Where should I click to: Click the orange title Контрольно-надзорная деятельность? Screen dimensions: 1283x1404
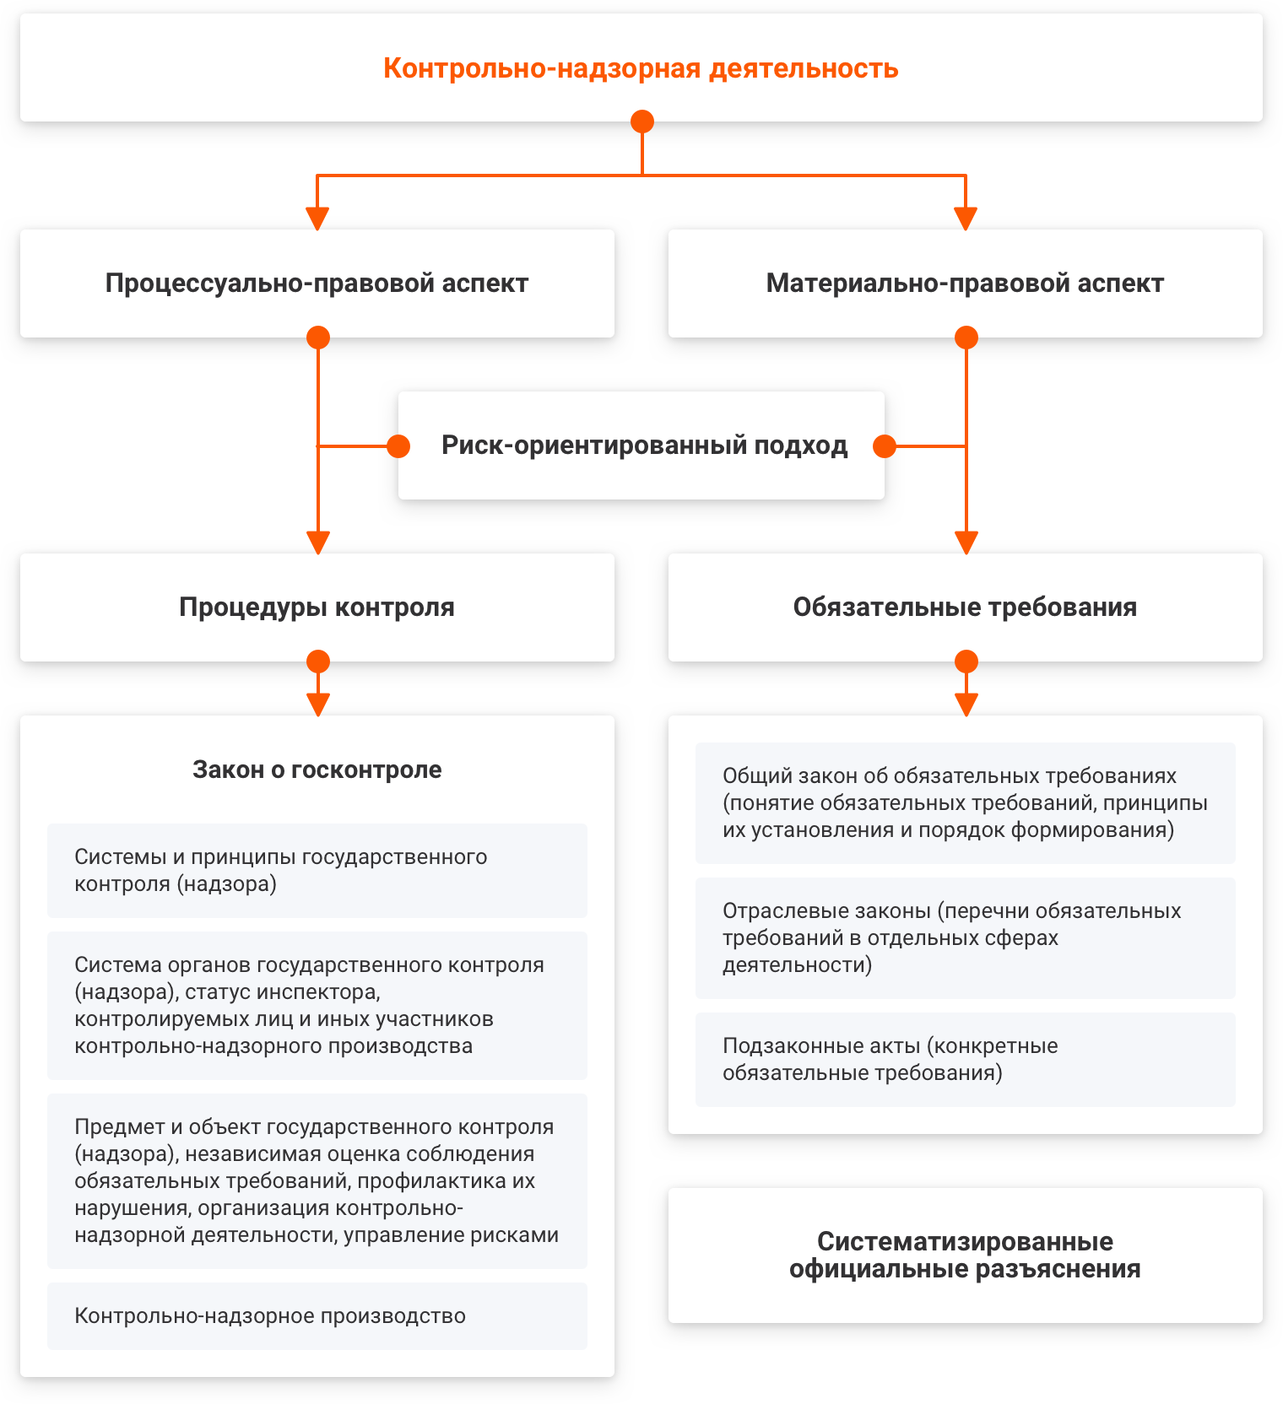(x=641, y=68)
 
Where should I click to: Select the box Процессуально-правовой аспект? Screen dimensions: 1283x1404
(x=317, y=283)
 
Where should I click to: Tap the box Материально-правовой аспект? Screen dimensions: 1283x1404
(x=966, y=283)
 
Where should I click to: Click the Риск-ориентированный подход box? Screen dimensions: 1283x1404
(x=641, y=445)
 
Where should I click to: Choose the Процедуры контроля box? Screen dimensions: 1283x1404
(x=317, y=607)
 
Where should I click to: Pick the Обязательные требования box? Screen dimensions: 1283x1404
(x=966, y=607)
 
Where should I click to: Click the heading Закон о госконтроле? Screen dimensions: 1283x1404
(x=317, y=769)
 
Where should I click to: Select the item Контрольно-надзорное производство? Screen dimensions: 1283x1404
(x=317, y=1316)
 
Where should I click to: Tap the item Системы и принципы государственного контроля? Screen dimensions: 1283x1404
(x=317, y=871)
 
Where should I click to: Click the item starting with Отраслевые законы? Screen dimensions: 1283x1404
(x=966, y=938)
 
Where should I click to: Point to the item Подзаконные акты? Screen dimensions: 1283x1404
(x=966, y=1060)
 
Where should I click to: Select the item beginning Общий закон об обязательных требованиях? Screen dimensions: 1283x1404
(x=966, y=803)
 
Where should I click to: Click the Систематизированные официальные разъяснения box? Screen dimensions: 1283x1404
(x=966, y=1255)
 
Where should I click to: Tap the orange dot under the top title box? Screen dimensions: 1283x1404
(x=642, y=121)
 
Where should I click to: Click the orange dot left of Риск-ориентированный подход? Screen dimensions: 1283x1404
(x=398, y=445)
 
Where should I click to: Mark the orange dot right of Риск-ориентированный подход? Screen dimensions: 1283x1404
(x=885, y=445)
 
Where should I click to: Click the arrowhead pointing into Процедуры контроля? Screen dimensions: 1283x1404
(x=318, y=543)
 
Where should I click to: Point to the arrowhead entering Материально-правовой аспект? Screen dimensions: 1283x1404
(x=966, y=219)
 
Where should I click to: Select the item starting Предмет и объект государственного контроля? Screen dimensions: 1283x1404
(x=317, y=1181)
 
